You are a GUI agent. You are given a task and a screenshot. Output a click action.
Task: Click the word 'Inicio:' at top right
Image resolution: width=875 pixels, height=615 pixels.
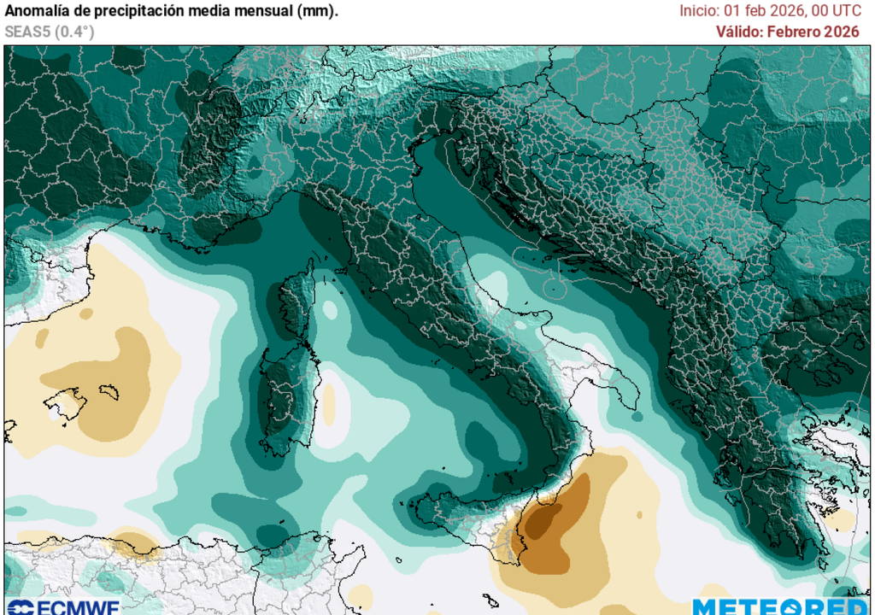(700, 11)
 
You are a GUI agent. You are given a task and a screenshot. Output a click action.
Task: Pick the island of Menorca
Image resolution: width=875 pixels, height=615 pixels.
(109, 391)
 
